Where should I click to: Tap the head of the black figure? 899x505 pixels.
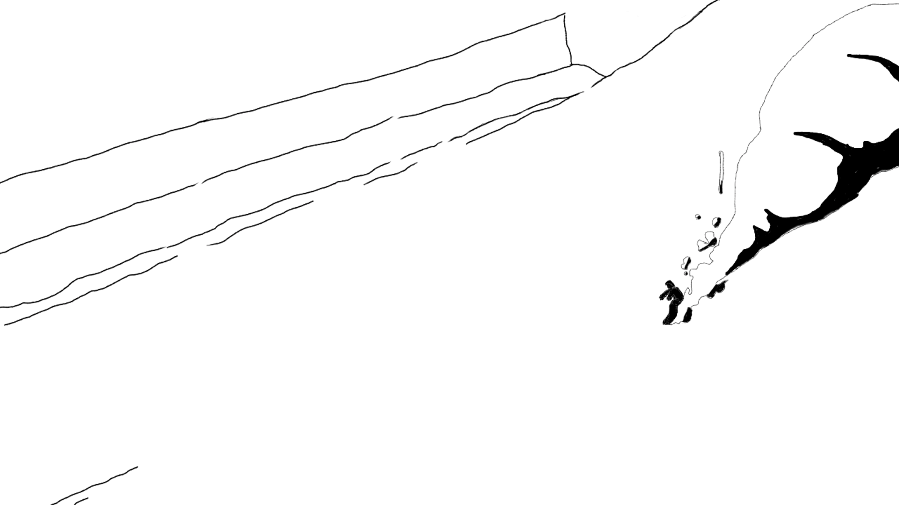[x=670, y=284]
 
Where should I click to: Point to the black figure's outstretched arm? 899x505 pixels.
[x=663, y=296]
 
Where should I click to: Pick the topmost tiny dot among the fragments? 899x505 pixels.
[x=698, y=216]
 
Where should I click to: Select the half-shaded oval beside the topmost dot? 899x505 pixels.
[x=716, y=222]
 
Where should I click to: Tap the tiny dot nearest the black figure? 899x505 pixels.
[x=686, y=273]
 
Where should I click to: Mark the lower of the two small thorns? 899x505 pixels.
[x=755, y=229]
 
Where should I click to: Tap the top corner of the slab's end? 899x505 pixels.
[x=564, y=15]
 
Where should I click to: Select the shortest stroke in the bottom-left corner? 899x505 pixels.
[x=81, y=501]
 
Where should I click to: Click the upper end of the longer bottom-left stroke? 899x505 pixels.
[x=136, y=467]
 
